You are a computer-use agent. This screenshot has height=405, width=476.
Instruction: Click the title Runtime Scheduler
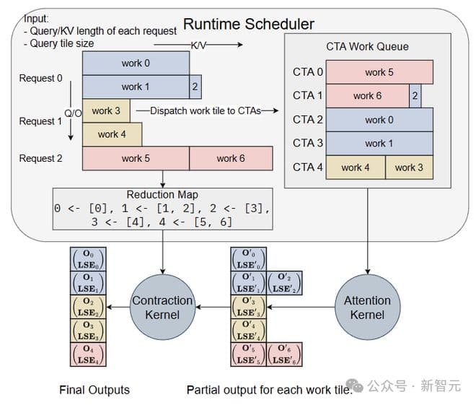tap(248, 24)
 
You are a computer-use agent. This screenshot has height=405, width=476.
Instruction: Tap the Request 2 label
tap(40, 158)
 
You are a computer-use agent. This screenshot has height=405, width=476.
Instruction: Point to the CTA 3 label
tap(308, 143)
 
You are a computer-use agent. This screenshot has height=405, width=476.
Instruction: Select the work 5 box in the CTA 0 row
tap(379, 72)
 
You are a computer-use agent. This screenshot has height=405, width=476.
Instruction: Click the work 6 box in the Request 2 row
tap(231, 158)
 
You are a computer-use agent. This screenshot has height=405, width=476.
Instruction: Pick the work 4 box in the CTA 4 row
tap(356, 167)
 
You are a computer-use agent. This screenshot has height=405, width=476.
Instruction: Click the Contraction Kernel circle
tap(162, 306)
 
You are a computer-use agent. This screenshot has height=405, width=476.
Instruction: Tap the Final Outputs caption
tap(94, 390)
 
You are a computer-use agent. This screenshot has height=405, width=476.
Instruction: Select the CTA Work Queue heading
tap(367, 47)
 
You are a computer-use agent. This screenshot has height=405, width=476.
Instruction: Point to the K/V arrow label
tap(198, 45)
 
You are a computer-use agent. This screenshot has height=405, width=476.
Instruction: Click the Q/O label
tap(74, 113)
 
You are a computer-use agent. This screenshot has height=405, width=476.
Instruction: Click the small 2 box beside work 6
tap(414, 95)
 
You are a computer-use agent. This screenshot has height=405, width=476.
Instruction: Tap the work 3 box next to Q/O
tap(107, 111)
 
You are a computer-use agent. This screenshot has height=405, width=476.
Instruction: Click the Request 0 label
tap(40, 78)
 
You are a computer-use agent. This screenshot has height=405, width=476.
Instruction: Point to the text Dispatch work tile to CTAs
tap(198, 110)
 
